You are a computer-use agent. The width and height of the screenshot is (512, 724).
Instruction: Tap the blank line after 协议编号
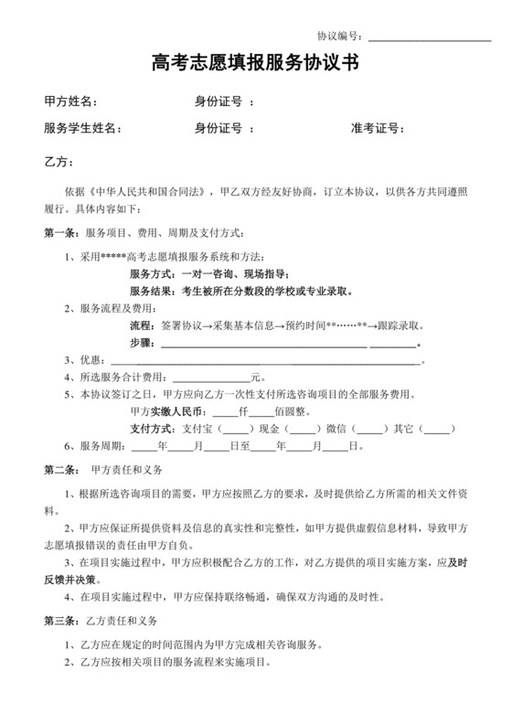coord(429,37)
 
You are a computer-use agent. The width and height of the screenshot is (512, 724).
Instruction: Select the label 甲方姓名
coord(70,101)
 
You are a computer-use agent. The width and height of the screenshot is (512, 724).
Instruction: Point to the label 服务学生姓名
coord(82,129)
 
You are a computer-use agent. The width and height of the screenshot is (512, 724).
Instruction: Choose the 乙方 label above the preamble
coord(58,162)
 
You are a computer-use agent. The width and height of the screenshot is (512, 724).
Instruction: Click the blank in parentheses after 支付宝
coord(236,430)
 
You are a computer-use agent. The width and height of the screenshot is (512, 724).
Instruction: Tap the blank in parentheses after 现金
coord(300,430)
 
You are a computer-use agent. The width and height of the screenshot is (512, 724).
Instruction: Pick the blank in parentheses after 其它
coord(437,430)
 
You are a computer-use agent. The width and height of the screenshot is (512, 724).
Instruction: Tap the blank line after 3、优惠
coord(265,360)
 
